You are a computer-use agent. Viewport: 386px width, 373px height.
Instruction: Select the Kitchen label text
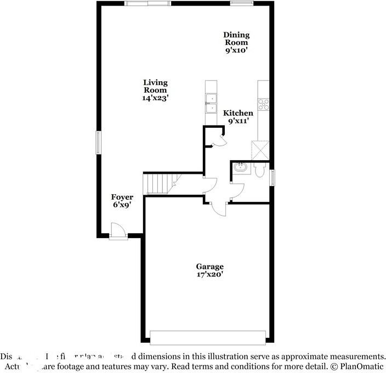[238, 113]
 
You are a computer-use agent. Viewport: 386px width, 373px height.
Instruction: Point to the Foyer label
[122, 197]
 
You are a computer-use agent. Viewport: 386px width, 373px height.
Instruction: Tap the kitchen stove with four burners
[264, 104]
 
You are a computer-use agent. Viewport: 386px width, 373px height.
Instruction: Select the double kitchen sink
[212, 103]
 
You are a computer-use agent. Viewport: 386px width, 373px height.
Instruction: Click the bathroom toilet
[260, 170]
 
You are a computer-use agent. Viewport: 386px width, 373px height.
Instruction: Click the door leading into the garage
[218, 209]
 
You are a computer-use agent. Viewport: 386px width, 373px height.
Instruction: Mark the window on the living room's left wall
[99, 143]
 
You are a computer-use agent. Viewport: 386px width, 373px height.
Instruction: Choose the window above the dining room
[241, 3]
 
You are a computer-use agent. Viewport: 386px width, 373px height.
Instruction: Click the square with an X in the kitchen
[259, 150]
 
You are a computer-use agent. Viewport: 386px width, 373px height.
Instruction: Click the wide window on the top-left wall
[147, 3]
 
